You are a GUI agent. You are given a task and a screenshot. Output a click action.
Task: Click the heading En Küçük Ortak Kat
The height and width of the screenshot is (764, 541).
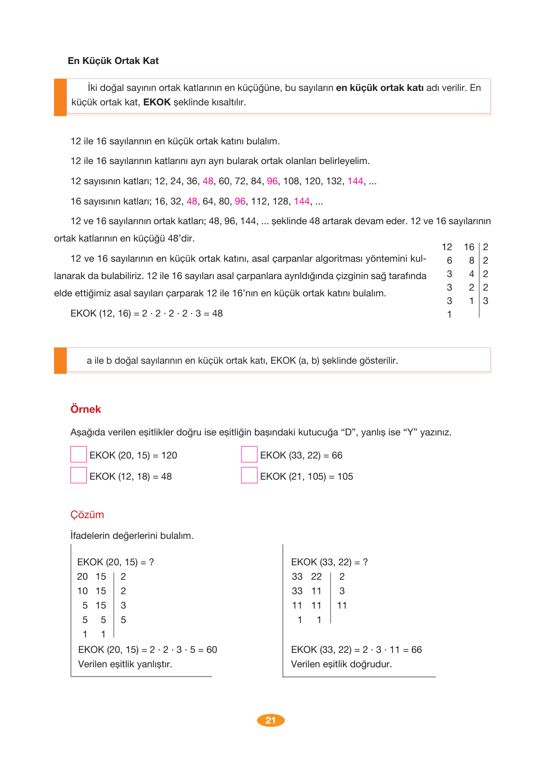coord(113,61)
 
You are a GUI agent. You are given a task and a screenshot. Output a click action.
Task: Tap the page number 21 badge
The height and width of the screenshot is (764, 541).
coord(271,720)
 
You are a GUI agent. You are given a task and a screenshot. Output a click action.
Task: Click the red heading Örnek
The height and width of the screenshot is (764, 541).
coord(86,409)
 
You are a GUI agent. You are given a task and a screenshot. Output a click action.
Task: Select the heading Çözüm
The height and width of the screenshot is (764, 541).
coord(87,514)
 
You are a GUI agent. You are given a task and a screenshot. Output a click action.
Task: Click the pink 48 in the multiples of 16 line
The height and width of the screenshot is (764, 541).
coord(192,201)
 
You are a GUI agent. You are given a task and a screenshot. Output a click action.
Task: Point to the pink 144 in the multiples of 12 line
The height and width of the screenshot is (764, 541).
coord(355,181)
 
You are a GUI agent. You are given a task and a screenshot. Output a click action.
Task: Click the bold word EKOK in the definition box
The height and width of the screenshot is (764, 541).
coord(157,102)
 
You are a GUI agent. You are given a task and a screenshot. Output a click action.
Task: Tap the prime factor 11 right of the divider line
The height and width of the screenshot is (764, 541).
coord(342,605)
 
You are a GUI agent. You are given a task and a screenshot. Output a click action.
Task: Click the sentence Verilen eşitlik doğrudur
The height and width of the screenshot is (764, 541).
coord(342,664)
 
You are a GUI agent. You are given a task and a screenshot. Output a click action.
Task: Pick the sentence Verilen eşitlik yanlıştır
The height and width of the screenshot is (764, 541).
coord(125,664)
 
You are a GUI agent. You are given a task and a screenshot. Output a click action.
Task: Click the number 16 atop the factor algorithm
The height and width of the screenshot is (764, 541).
coord(469,247)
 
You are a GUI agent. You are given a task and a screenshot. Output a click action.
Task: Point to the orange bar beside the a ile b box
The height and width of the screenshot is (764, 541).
coord(60,360)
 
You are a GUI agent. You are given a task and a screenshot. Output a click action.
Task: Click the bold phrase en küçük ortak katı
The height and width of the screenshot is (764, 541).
coord(380,88)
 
